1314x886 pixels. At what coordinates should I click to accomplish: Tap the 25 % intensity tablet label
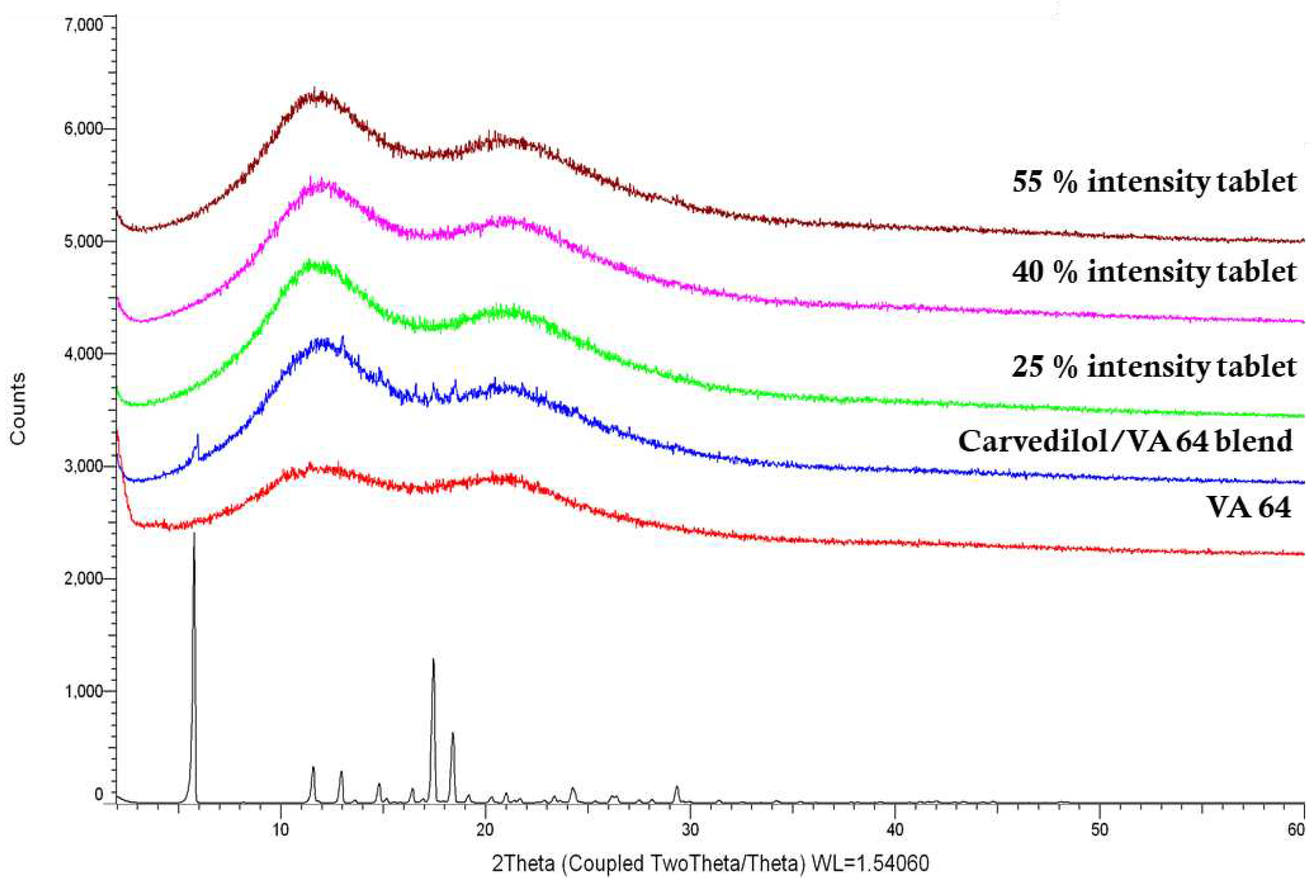(x=1153, y=367)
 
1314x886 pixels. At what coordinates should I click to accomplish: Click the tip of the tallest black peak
(x=194, y=533)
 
